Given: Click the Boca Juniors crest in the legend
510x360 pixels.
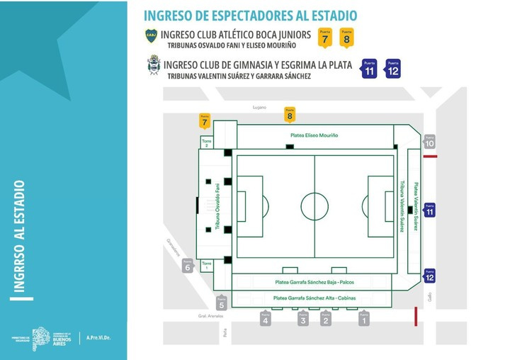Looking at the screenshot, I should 151,36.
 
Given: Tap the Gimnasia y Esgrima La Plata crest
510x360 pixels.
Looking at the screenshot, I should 153,65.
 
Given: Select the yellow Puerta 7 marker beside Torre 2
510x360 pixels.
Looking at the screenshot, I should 205,121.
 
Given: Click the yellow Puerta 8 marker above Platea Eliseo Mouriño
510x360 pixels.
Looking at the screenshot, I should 289,114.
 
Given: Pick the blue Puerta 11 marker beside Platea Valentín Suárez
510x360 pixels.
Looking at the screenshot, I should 430,210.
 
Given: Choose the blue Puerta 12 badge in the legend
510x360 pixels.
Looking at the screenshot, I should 393,69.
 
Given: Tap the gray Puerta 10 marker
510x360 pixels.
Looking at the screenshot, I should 430,142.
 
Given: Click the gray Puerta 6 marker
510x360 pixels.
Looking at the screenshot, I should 188,266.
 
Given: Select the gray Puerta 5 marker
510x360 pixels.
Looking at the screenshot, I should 222,303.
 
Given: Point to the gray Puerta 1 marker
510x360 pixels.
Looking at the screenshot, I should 364,319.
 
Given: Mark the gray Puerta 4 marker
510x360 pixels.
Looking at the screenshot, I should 266,319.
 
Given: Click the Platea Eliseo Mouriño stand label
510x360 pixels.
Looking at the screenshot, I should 314,135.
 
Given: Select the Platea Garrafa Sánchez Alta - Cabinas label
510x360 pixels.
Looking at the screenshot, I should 314,298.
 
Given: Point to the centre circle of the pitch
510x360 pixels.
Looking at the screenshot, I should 314,206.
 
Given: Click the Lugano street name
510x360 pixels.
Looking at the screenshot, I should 259,107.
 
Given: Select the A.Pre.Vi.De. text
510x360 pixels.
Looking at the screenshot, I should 98,338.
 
